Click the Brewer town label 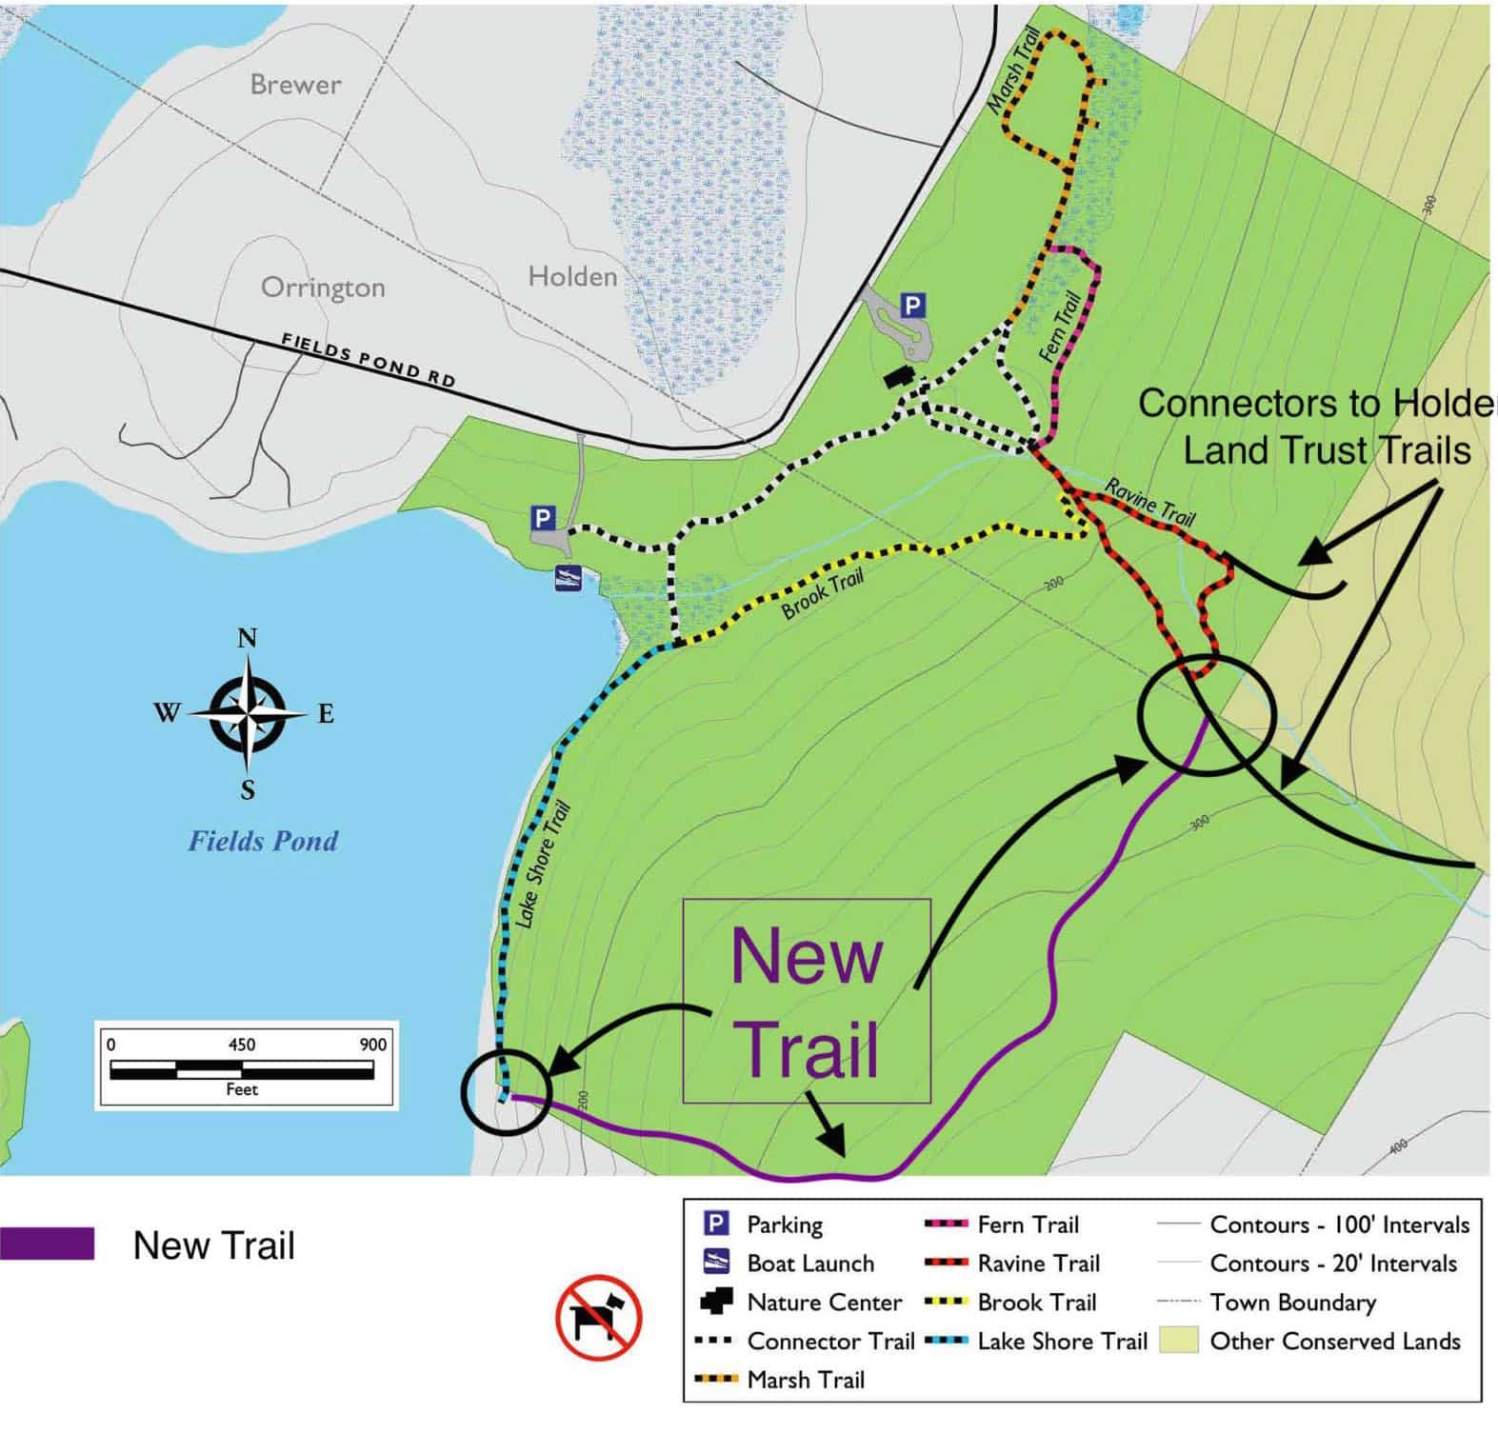pyautogui.click(x=295, y=85)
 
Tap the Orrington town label pyautogui.click(x=323, y=287)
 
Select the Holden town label pyautogui.click(x=572, y=277)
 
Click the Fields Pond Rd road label pyautogui.click(x=368, y=359)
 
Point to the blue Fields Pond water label pyautogui.click(x=263, y=841)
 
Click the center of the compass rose pyautogui.click(x=248, y=713)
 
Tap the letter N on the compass pyautogui.click(x=248, y=638)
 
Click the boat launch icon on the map pyautogui.click(x=569, y=577)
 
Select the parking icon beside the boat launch pyautogui.click(x=543, y=519)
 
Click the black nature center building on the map pyautogui.click(x=900, y=377)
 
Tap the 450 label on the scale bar pyautogui.click(x=242, y=1045)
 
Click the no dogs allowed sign pyautogui.click(x=598, y=1318)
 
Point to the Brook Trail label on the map pyautogui.click(x=823, y=594)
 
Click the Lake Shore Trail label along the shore pyautogui.click(x=542, y=865)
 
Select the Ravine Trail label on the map pyautogui.click(x=1149, y=502)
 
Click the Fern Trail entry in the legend pyautogui.click(x=1028, y=1225)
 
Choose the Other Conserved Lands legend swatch pyautogui.click(x=1178, y=1342)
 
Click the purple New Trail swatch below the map pyautogui.click(x=47, y=1245)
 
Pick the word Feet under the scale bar pyautogui.click(x=242, y=1089)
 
